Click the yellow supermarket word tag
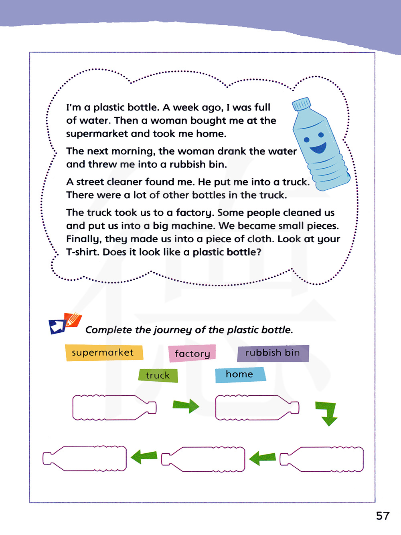(x=104, y=353)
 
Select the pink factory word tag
(x=192, y=353)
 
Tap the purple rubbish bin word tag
(x=273, y=353)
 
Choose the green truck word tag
(x=158, y=376)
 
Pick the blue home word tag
(x=240, y=374)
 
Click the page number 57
(x=383, y=516)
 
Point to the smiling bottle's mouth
(x=318, y=149)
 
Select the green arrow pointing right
(x=186, y=406)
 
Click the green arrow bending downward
(x=327, y=413)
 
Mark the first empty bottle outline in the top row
(x=114, y=408)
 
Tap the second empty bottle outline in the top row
(x=257, y=408)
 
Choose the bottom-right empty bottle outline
(x=322, y=459)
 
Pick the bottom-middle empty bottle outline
(x=203, y=459)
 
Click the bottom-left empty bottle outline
(x=85, y=459)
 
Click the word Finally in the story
(x=83, y=239)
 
